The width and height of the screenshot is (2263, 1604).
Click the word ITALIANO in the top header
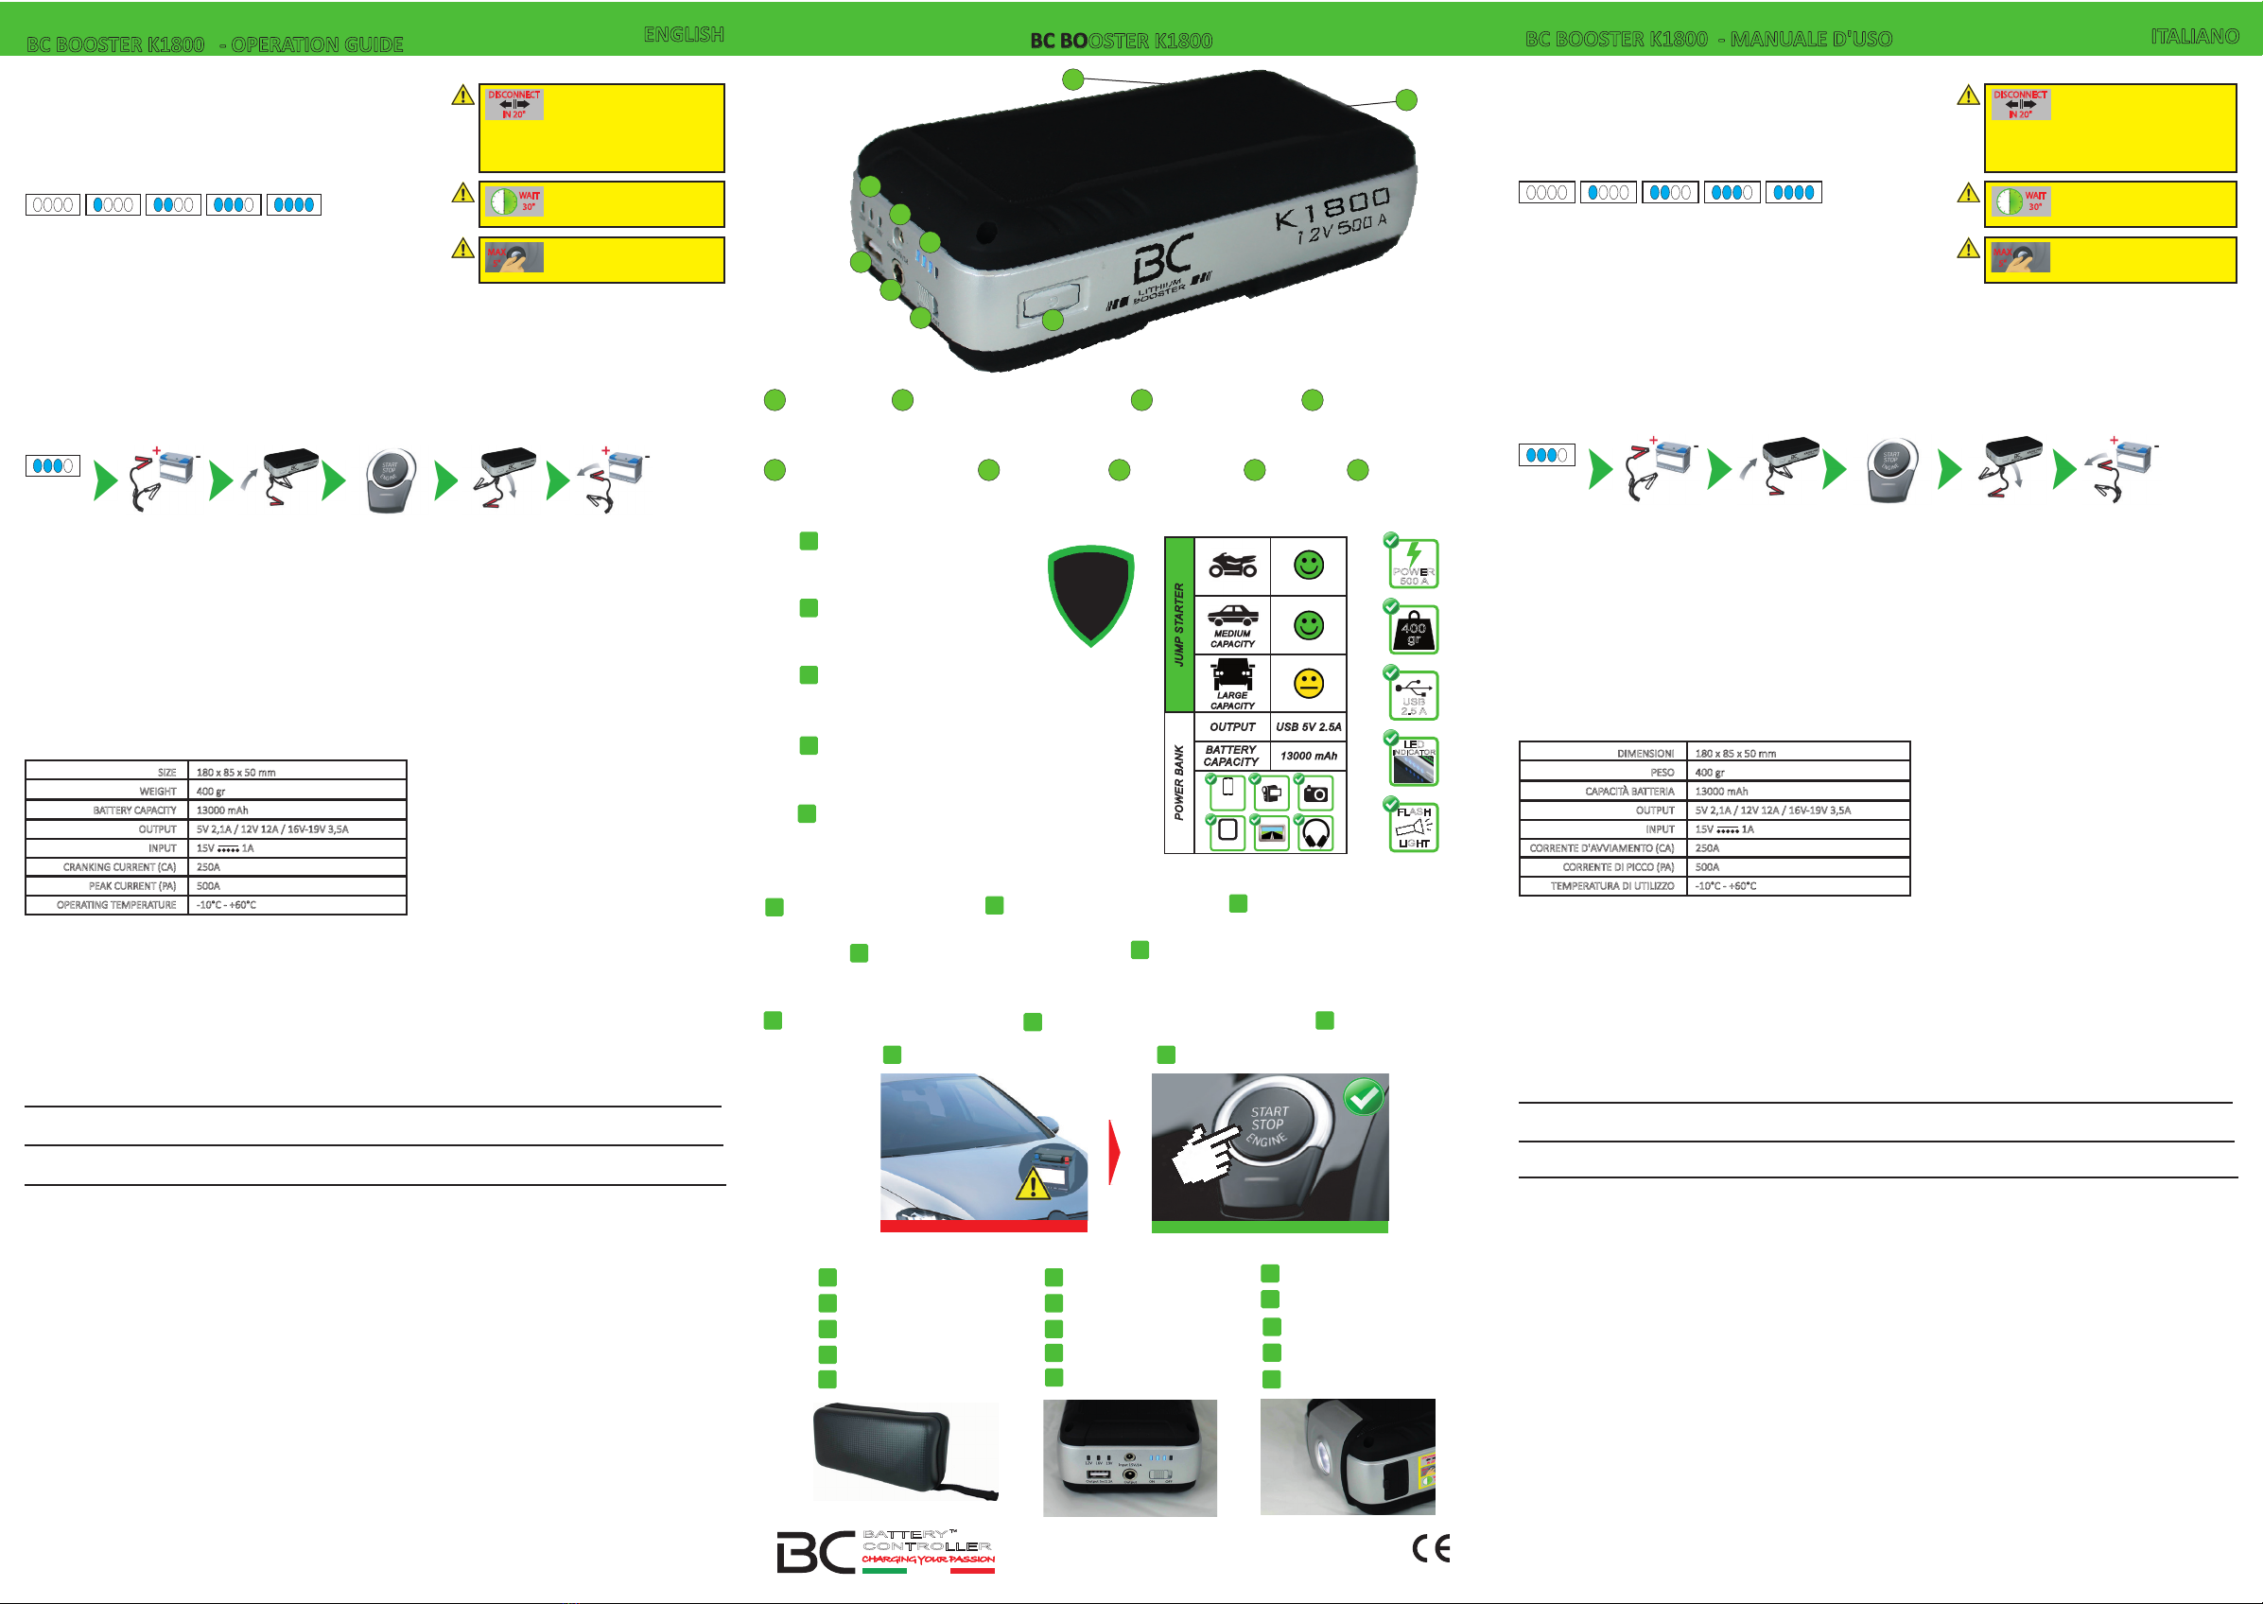(x=2194, y=37)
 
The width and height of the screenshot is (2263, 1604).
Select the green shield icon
(x=1090, y=595)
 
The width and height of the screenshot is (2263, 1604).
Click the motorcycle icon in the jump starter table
(x=1232, y=566)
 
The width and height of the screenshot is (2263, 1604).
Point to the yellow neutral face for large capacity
(x=1308, y=684)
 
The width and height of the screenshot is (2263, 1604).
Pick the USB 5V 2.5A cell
(x=1308, y=727)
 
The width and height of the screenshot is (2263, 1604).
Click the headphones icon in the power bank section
(x=1316, y=833)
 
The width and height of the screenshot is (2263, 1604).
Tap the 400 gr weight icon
(x=1413, y=630)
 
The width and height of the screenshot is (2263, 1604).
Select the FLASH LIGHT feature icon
(x=1413, y=827)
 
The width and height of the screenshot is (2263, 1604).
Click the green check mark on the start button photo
(x=1364, y=1097)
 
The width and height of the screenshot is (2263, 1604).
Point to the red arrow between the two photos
(x=1115, y=1152)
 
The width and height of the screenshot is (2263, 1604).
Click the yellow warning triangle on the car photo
(x=1033, y=1183)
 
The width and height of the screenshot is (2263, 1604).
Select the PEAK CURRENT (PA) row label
(x=131, y=886)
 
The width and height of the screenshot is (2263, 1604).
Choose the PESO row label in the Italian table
(x=1662, y=773)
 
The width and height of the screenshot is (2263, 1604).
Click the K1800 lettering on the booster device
(x=1332, y=208)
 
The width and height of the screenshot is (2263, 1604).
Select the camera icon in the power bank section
(x=1315, y=793)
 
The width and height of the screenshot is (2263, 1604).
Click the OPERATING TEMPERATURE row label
(x=115, y=905)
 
